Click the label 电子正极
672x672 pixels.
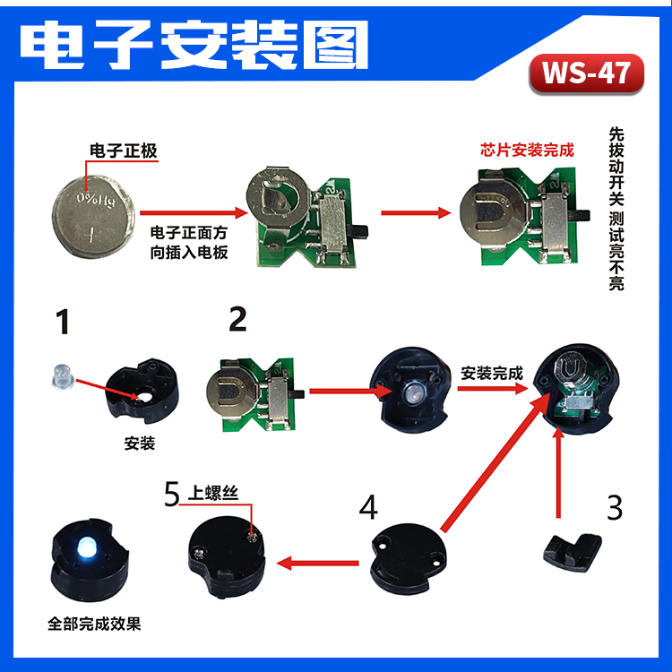point(124,151)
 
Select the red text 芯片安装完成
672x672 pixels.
point(528,151)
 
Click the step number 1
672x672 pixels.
point(62,322)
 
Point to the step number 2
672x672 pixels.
point(237,319)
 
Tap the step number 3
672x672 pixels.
point(614,507)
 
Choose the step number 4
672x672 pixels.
point(367,507)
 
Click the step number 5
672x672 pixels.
point(172,494)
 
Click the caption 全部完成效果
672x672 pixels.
point(94,623)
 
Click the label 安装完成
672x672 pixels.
point(491,372)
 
